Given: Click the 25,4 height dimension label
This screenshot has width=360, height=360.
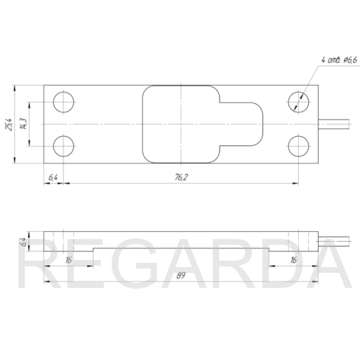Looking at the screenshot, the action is click(9, 125).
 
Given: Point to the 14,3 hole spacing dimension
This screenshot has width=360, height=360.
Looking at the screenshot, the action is click(24, 124).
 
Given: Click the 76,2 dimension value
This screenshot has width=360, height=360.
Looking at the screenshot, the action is click(181, 177).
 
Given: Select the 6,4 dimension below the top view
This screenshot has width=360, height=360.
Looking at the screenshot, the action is click(53, 178).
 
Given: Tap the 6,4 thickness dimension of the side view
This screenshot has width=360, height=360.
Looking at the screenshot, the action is click(23, 242).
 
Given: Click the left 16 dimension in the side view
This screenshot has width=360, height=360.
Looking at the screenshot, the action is click(68, 260).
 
